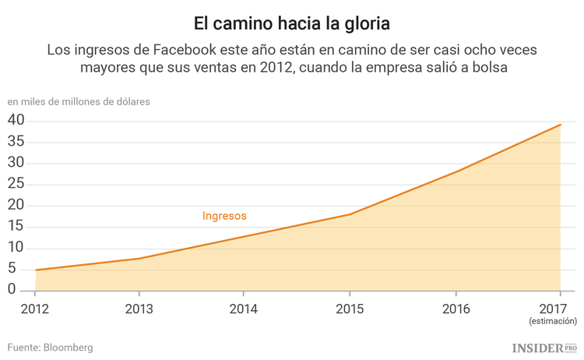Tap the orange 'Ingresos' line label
[224, 216]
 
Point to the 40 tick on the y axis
[16, 121]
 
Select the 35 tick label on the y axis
[16, 142]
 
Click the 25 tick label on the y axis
[16, 185]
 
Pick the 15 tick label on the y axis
[16, 227]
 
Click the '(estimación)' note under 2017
[552, 320]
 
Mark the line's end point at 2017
[561, 125]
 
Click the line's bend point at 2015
[350, 214]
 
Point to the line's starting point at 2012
[35, 270]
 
